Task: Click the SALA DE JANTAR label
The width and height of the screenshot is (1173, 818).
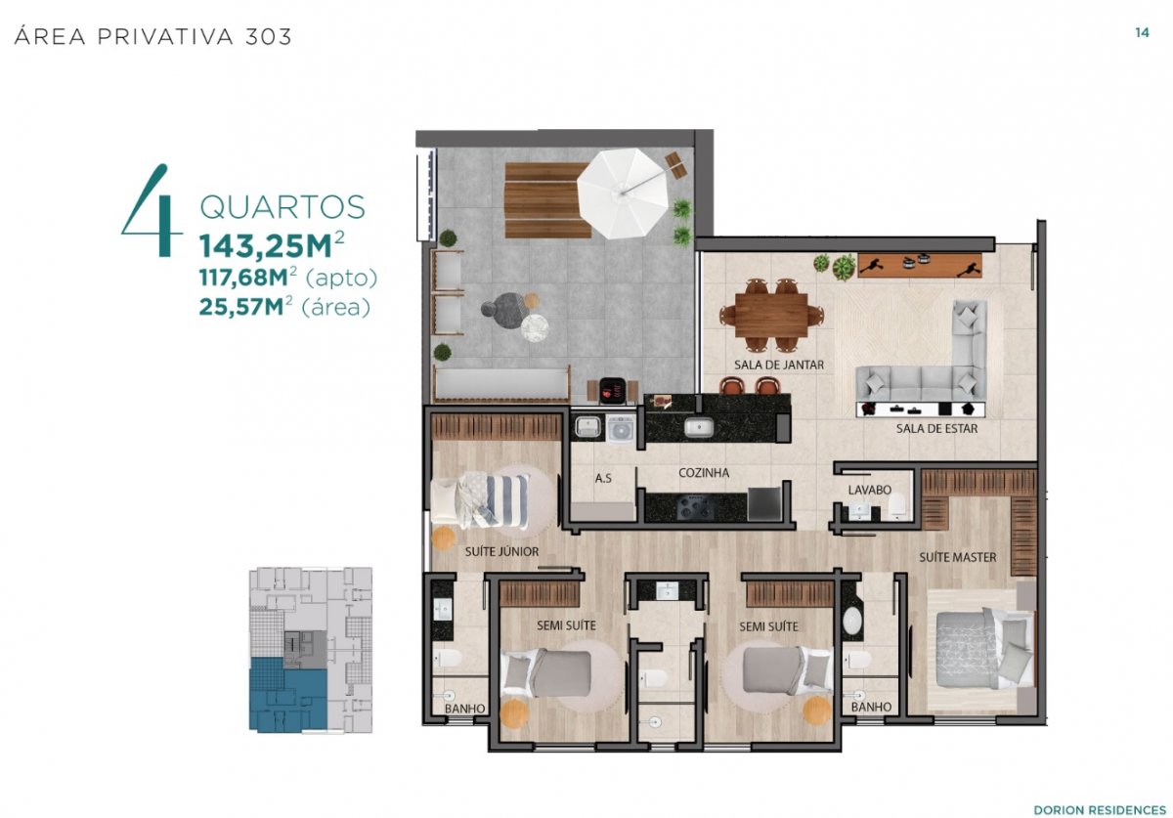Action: click(x=779, y=365)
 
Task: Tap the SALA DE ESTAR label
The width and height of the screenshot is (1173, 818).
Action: click(x=936, y=428)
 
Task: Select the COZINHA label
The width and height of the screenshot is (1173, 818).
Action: click(x=704, y=472)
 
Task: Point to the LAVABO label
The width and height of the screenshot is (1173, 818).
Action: click(x=870, y=490)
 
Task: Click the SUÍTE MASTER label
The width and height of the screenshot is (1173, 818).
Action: click(x=958, y=557)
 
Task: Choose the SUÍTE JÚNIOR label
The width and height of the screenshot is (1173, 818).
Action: click(x=501, y=551)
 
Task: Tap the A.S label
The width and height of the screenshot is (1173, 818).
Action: click(x=603, y=478)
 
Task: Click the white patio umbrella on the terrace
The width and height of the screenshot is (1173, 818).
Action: click(x=622, y=194)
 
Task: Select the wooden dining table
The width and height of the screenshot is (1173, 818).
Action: click(x=771, y=315)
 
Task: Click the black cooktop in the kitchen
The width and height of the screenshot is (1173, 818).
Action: click(x=695, y=506)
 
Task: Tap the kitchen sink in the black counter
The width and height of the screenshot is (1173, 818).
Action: click(x=698, y=428)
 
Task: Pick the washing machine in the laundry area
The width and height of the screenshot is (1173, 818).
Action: click(x=621, y=427)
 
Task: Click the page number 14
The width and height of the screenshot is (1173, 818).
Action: click(x=1142, y=32)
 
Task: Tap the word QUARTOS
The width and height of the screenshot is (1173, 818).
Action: click(x=282, y=207)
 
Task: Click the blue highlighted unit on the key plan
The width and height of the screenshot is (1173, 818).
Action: click(x=287, y=694)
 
